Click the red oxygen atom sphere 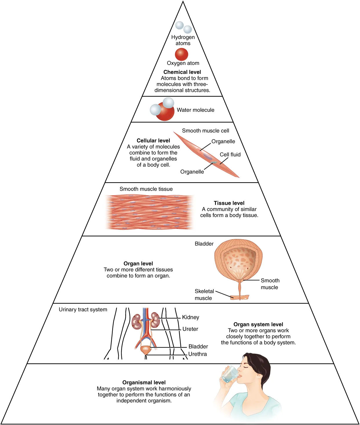click(x=181, y=54)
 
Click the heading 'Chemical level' click(x=182, y=72)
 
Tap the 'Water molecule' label click(x=196, y=110)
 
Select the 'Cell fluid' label click(x=230, y=155)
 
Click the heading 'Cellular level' click(x=153, y=141)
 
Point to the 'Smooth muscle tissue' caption click(x=146, y=189)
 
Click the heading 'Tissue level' click(x=229, y=203)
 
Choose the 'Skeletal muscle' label click(x=204, y=295)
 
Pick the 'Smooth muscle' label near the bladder click(x=270, y=284)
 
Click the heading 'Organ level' click(x=138, y=264)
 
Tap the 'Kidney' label click(x=190, y=317)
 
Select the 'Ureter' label click(x=190, y=329)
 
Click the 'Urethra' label click(x=197, y=354)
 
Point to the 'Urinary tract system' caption click(x=83, y=310)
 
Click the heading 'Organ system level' click(x=258, y=324)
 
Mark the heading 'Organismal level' click(x=144, y=382)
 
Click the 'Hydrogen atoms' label click(x=183, y=40)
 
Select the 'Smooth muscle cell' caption click(x=206, y=131)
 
